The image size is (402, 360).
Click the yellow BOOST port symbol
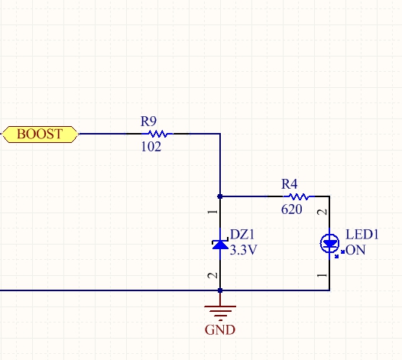[x=41, y=134]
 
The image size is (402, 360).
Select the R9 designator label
[x=148, y=122]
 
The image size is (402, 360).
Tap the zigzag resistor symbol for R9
[x=157, y=134]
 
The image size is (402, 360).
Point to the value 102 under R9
[x=151, y=147]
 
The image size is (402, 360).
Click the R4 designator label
[x=289, y=184]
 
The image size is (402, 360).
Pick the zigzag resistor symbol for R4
[x=299, y=196]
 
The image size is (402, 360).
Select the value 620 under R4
[x=291, y=209]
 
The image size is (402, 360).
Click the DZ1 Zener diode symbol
[x=220, y=244]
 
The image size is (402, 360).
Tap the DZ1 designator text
[x=242, y=235]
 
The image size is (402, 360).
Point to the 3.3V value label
[x=243, y=250]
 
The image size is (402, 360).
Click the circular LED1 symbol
[x=329, y=243]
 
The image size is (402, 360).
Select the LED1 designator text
[x=362, y=235]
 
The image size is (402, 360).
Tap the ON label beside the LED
[x=355, y=250]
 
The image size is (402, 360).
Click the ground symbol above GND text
[x=220, y=310]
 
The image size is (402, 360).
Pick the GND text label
[x=220, y=329]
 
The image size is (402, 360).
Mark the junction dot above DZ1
[x=220, y=196]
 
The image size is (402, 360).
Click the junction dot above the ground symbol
[x=220, y=290]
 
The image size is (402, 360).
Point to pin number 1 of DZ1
[x=212, y=212]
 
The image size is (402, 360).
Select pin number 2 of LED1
[x=323, y=212]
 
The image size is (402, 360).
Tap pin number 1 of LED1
[x=323, y=275]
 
